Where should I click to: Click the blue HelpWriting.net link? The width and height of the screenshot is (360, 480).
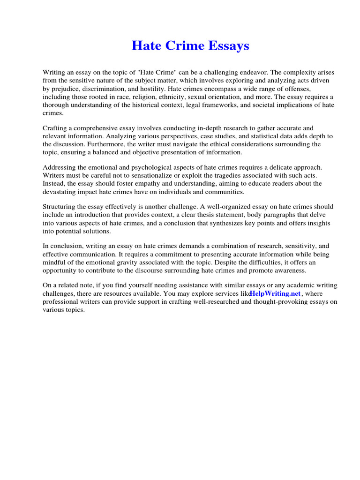coord(275,293)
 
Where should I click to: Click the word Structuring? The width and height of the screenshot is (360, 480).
coord(61,207)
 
